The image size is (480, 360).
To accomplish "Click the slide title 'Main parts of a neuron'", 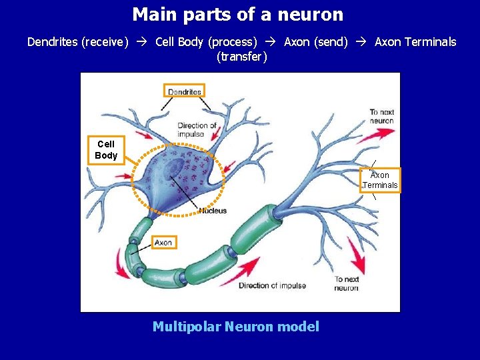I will click(238, 14).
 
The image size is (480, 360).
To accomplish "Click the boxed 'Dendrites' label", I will click(184, 91).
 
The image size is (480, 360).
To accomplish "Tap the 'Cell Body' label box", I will click(106, 150).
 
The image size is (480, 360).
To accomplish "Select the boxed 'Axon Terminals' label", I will click(380, 180).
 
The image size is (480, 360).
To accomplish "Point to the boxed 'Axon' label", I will click(163, 243).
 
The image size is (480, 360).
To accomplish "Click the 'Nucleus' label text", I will click(213, 211).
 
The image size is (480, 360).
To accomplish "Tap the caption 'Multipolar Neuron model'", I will click(236, 327).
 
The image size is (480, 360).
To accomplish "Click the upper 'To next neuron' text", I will click(382, 117).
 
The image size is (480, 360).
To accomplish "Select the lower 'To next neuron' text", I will click(347, 283).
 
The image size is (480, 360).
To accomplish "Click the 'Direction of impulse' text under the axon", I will click(272, 286).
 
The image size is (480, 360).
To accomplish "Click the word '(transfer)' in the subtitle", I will click(242, 57).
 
